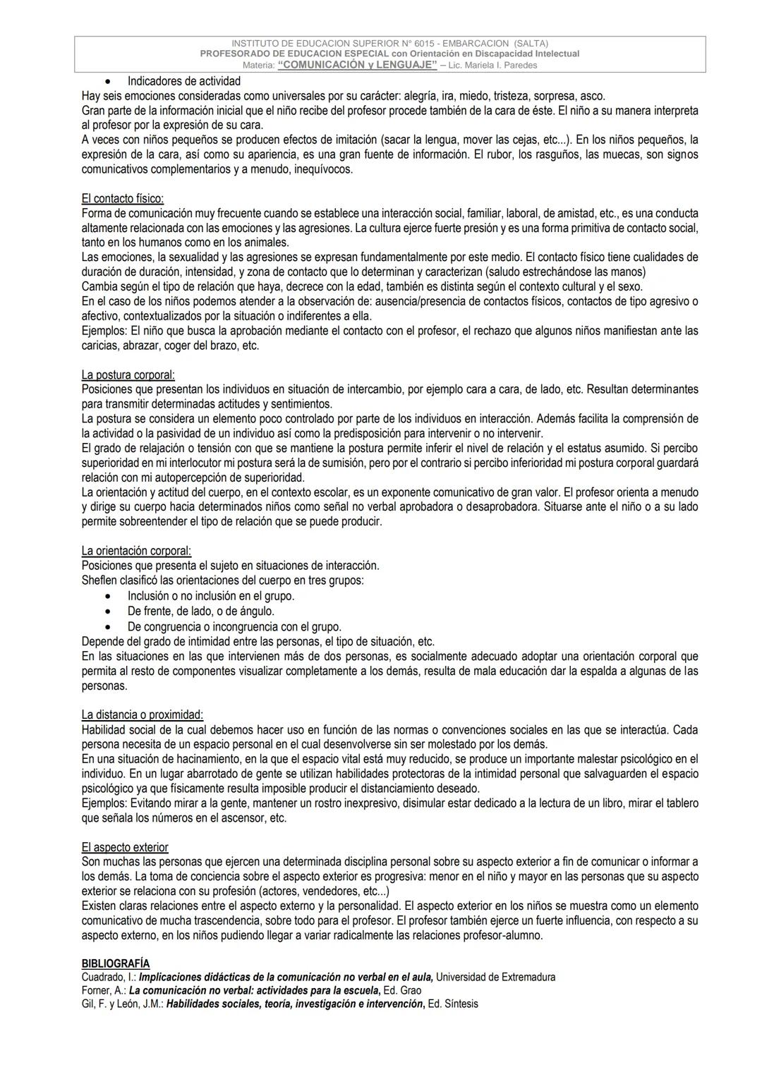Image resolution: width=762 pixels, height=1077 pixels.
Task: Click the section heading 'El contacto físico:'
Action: click(x=123, y=199)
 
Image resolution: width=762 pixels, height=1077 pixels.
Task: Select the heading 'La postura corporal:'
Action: click(x=128, y=375)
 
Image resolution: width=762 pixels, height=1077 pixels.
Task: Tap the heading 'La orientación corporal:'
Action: click(x=136, y=551)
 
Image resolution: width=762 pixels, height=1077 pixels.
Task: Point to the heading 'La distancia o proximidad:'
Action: click(x=142, y=715)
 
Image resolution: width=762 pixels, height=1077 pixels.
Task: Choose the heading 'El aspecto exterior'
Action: click(x=125, y=847)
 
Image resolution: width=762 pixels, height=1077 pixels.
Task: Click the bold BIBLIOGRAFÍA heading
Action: click(x=116, y=963)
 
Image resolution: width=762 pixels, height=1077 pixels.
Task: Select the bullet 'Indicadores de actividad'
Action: click(x=184, y=81)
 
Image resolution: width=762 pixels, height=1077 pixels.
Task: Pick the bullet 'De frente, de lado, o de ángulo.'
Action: click(x=201, y=611)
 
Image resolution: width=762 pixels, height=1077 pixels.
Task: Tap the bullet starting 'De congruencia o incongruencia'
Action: click(x=234, y=626)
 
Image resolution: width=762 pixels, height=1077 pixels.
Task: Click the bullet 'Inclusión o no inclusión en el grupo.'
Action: click(x=211, y=596)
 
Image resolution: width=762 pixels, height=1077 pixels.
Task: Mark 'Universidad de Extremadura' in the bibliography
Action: click(x=497, y=978)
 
